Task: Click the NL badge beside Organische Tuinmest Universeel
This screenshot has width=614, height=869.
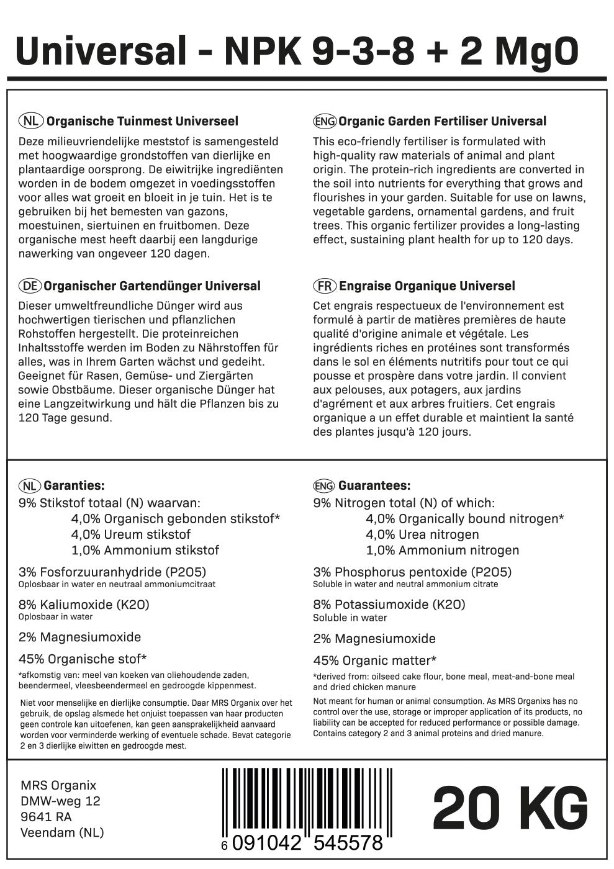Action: (x=30, y=121)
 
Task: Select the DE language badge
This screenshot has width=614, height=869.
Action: (x=30, y=286)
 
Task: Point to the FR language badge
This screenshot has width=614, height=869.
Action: (x=324, y=286)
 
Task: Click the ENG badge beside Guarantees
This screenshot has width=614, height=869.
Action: (x=324, y=486)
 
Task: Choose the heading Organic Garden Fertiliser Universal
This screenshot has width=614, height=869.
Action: (x=443, y=121)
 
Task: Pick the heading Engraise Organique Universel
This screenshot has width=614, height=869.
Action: (x=427, y=286)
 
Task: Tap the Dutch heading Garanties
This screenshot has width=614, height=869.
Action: (x=75, y=486)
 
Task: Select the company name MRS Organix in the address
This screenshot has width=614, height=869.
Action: (x=58, y=786)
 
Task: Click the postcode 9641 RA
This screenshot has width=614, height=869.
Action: (x=46, y=817)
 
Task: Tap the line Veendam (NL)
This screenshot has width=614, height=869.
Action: (x=62, y=832)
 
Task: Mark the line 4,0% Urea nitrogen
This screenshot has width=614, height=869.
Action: (x=422, y=534)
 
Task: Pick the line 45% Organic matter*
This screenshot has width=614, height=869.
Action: (x=375, y=660)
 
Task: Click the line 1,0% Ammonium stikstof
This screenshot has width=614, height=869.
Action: (x=145, y=550)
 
